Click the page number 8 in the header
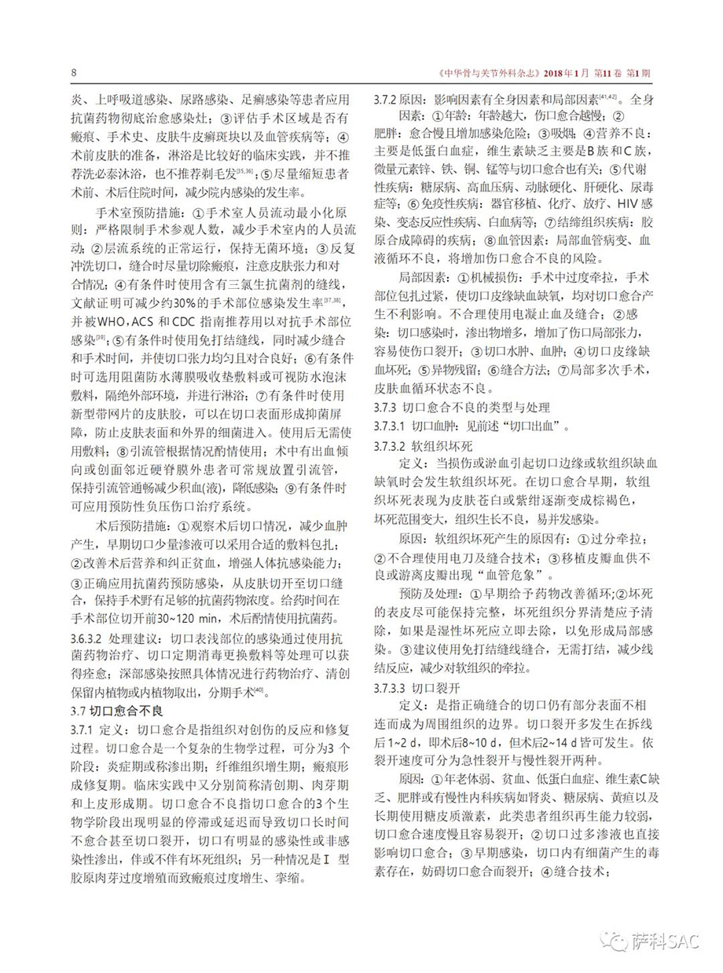point(73,73)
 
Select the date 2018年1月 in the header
point(566,74)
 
